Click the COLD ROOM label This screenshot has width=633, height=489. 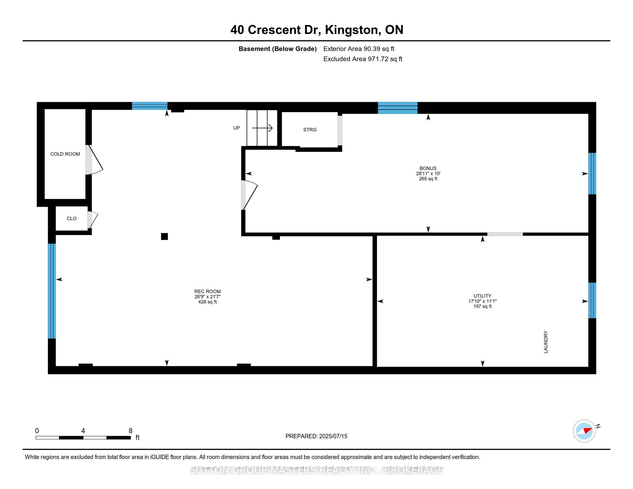[65, 154]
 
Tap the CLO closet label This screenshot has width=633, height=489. [72, 218]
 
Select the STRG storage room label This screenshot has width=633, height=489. [310, 130]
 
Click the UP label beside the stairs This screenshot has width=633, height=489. [236, 128]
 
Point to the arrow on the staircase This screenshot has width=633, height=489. [262, 128]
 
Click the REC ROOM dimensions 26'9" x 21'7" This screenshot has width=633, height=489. [207, 297]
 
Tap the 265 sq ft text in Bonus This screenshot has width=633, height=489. [428, 179]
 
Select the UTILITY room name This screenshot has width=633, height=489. [482, 296]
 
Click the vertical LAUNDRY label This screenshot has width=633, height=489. [546, 342]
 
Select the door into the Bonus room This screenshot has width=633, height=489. [249, 195]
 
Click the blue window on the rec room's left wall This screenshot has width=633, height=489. [52, 291]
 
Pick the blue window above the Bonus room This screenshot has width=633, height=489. [397, 108]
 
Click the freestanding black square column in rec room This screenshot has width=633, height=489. [164, 236]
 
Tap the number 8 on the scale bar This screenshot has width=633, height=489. [130, 431]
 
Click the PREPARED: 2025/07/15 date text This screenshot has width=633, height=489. [316, 436]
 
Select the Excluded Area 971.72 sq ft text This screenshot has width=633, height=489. [363, 59]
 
